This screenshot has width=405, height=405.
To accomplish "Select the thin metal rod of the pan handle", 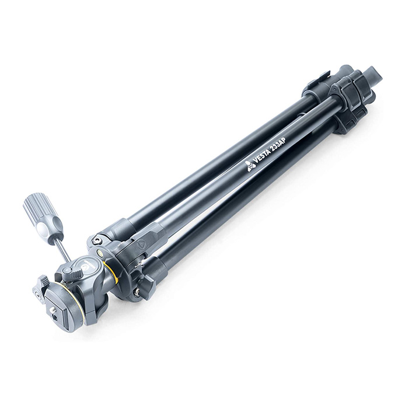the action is (x=64, y=249).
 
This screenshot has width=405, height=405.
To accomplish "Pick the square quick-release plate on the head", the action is (x=61, y=310).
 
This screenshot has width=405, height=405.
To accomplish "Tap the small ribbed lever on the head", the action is (x=76, y=272).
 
